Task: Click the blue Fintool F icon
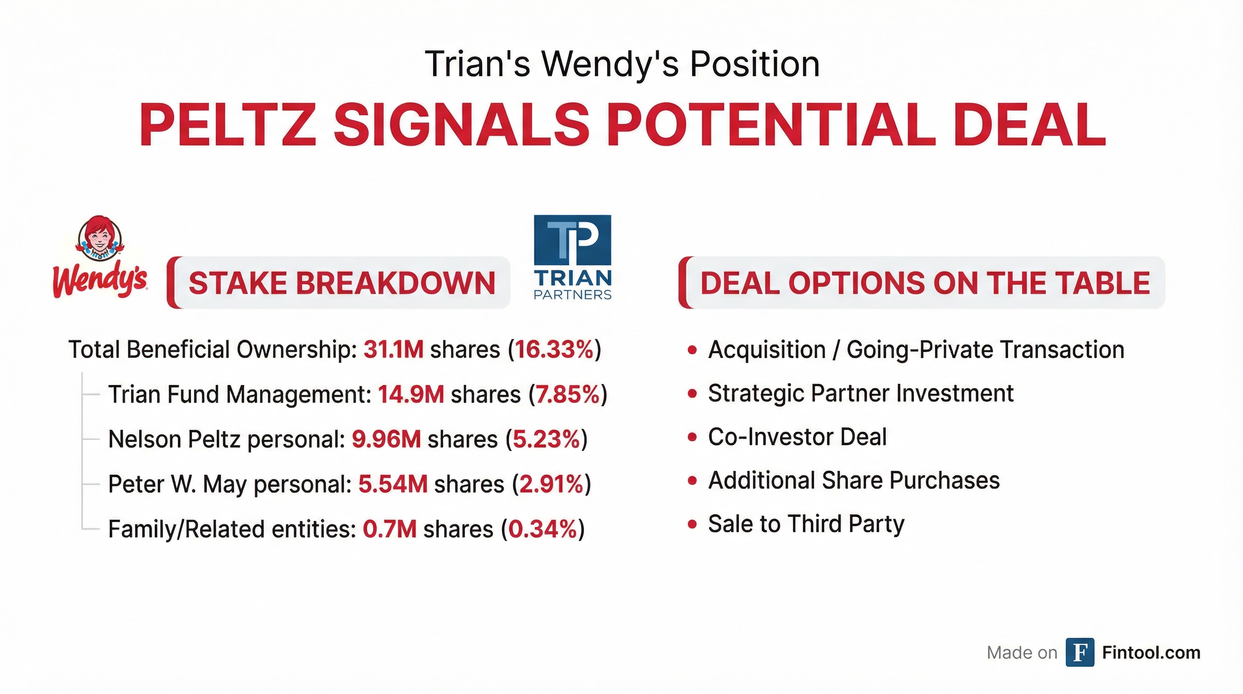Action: coord(1080,652)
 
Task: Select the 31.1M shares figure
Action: coord(393,349)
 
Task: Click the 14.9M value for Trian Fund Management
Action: coord(411,394)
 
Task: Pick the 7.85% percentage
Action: coord(567,394)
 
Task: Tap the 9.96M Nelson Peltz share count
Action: coord(386,439)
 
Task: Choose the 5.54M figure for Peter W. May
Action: coord(393,484)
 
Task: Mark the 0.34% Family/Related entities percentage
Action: coord(543,529)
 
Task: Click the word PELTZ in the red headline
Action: coord(227,125)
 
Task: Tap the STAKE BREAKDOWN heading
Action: coord(341,283)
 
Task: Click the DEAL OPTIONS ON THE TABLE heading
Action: coord(925,283)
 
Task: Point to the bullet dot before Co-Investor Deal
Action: coord(692,437)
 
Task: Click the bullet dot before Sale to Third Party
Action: coord(692,524)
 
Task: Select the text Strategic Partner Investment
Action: coord(860,394)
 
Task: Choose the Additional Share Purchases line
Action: coord(854,481)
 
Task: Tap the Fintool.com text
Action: coord(1151,652)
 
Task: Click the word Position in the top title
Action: coord(755,64)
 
